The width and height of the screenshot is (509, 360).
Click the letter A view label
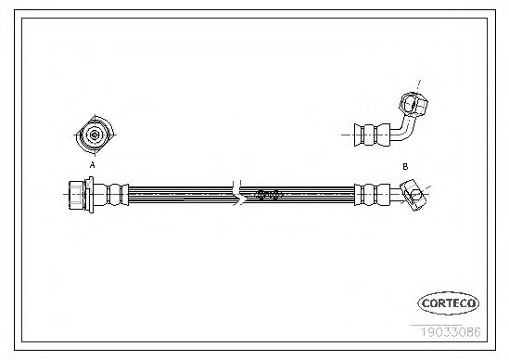[x=93, y=165]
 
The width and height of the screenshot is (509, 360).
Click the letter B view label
[x=405, y=167]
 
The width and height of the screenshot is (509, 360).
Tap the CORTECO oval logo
[x=449, y=303]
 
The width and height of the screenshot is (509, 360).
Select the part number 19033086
[x=451, y=332]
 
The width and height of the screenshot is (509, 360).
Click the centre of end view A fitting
[x=95, y=135]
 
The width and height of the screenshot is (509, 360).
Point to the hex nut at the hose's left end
[x=77, y=195]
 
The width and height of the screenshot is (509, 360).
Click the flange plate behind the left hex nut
[x=90, y=195]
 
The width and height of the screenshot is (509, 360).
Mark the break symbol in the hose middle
[x=238, y=194]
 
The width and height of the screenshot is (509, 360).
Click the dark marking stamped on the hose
[x=268, y=195]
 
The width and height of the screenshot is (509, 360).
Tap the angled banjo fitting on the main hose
[x=414, y=195]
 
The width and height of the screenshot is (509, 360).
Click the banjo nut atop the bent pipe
[x=414, y=104]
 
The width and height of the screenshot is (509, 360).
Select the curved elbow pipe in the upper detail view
[x=404, y=130]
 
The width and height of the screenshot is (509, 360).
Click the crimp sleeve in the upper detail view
[x=372, y=135]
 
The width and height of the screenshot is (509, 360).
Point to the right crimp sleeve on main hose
[x=372, y=195]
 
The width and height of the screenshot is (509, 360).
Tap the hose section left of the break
[x=181, y=195]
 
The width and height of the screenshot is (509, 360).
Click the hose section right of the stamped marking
[x=318, y=195]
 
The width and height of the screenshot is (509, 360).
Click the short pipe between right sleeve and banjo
[x=395, y=194]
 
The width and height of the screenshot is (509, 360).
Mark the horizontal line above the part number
[x=436, y=325]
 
